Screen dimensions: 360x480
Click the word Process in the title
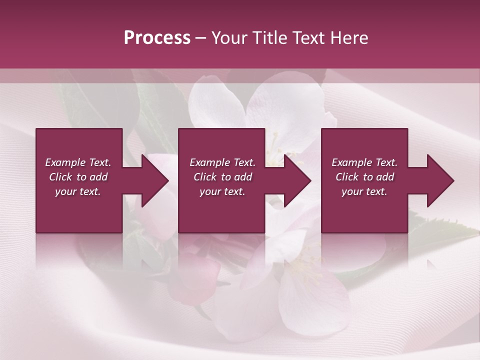157,38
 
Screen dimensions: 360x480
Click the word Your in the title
229,38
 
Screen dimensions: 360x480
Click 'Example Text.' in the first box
78,162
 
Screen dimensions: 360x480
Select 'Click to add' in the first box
78,177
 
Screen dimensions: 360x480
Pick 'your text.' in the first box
78,191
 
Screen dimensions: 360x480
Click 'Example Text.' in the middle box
222,162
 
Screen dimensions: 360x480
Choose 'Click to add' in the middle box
222,177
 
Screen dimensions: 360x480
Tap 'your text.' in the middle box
222,191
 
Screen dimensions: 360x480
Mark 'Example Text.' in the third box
364,162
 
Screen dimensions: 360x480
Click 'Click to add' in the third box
364,177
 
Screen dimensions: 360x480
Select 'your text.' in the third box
364,191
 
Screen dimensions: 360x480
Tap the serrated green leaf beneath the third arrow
440,227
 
